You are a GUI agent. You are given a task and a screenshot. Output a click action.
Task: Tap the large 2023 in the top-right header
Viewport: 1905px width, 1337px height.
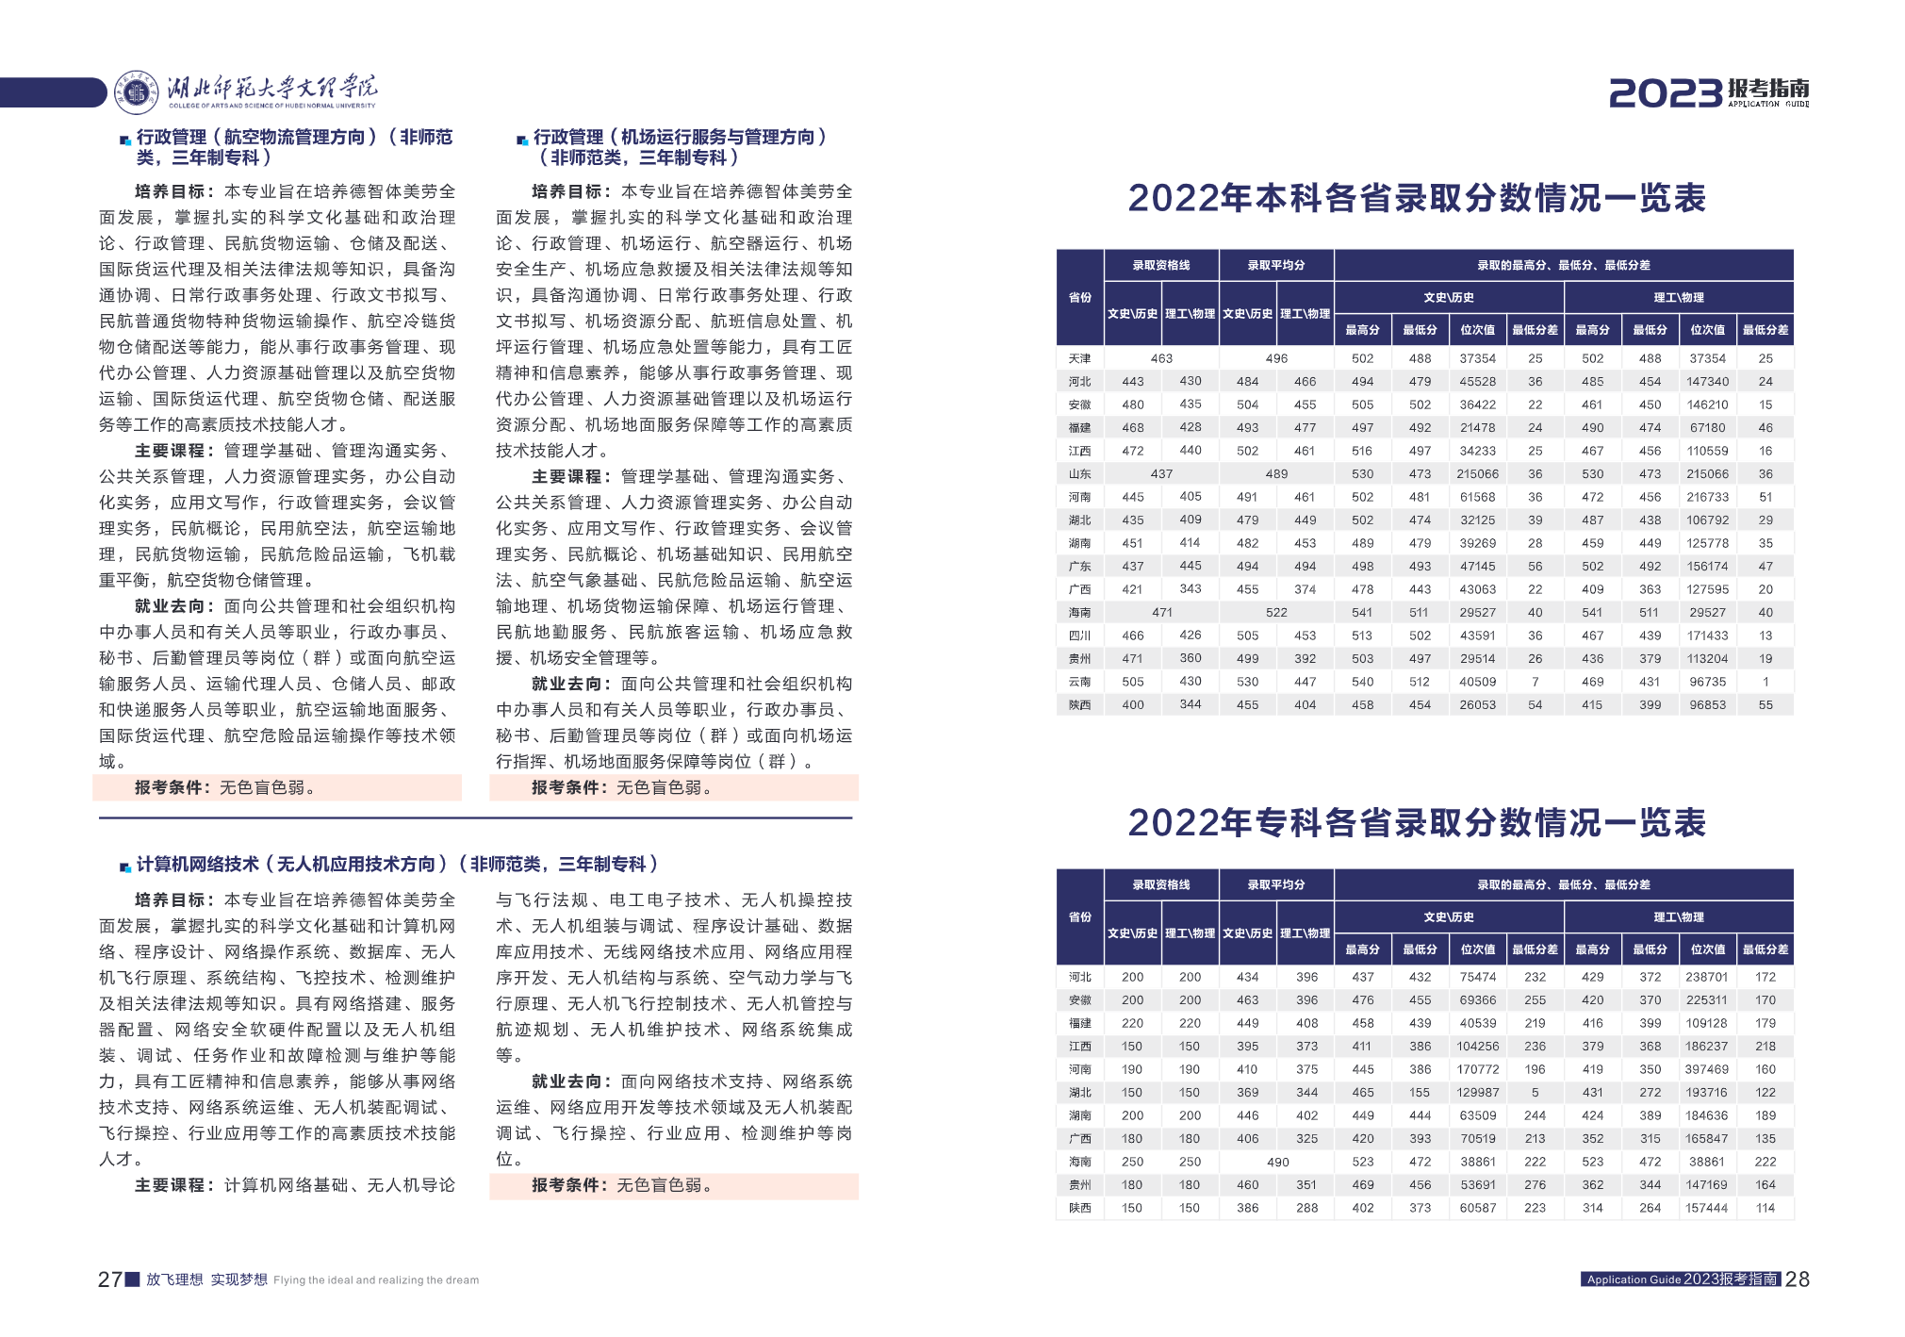[x=1665, y=93]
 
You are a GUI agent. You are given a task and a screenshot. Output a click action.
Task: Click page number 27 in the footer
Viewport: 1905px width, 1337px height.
[x=109, y=1279]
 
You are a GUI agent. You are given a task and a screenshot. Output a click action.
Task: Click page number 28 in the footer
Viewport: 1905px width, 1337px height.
[x=1798, y=1279]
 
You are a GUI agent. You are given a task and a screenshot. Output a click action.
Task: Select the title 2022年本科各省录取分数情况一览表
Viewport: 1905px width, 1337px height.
[x=1417, y=199]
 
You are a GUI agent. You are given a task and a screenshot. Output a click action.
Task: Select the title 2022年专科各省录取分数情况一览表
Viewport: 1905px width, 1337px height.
[x=1417, y=823]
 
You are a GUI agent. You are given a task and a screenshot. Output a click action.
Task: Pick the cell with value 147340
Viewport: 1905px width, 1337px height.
[x=1707, y=382]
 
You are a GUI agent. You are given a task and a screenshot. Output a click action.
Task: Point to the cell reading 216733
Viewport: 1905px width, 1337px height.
[x=1707, y=497]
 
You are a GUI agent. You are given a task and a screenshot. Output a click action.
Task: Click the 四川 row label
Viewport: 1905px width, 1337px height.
[x=1079, y=635]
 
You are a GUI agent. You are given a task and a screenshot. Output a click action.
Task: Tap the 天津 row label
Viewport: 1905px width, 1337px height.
[x=1079, y=358]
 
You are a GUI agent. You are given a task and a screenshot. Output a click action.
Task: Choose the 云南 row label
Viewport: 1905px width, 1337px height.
[x=1079, y=682]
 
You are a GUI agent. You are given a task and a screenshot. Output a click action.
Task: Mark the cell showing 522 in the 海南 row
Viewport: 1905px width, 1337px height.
[x=1276, y=613]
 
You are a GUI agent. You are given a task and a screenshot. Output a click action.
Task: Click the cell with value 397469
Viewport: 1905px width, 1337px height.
[x=1707, y=1069]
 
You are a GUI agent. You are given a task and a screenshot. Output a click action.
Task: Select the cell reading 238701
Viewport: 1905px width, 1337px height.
[x=1707, y=977]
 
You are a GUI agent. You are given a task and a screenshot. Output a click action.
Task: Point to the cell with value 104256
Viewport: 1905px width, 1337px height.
[x=1477, y=1047]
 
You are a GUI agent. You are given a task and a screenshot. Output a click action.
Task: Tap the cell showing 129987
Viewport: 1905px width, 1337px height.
[x=1477, y=1093]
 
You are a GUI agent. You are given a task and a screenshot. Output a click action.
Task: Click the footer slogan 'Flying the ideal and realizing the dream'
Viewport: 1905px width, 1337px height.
[x=376, y=1280]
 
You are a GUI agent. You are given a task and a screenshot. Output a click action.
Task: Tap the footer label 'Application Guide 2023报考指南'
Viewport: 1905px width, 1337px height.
[x=1682, y=1279]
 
